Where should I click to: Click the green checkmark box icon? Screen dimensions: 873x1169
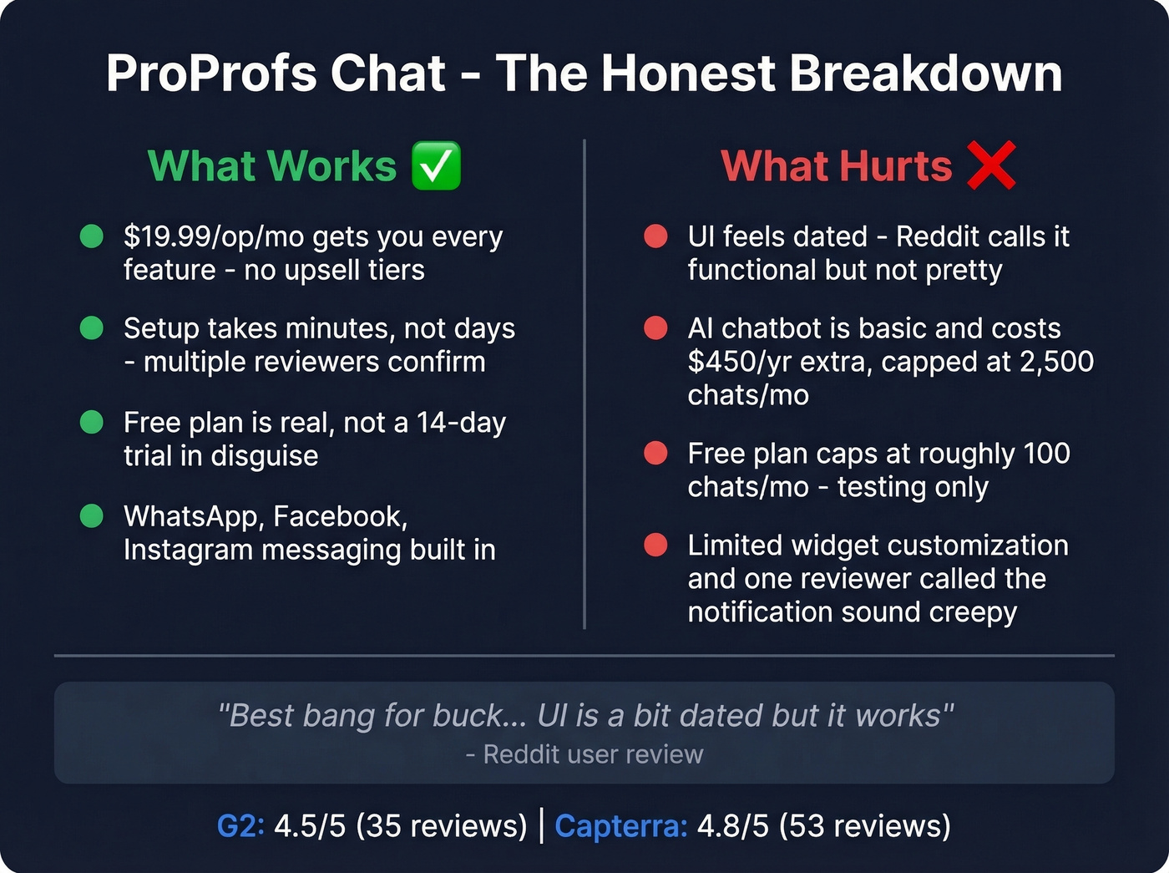436,165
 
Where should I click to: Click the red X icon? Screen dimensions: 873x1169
991,165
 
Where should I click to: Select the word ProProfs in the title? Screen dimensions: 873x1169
212,74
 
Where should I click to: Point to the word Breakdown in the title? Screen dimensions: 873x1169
925,74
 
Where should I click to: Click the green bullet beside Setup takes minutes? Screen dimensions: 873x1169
91,328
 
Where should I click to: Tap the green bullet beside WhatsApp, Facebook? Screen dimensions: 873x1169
91,516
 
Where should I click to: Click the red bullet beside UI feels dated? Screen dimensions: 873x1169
655,237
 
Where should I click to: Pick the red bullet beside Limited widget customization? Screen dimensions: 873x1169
655,546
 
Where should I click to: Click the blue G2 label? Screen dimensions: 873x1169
240,826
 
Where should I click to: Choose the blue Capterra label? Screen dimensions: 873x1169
620,826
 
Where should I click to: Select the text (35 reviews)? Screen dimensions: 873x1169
442,826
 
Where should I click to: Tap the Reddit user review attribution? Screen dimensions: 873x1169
584,754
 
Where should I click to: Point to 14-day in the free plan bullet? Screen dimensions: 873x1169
461,423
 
